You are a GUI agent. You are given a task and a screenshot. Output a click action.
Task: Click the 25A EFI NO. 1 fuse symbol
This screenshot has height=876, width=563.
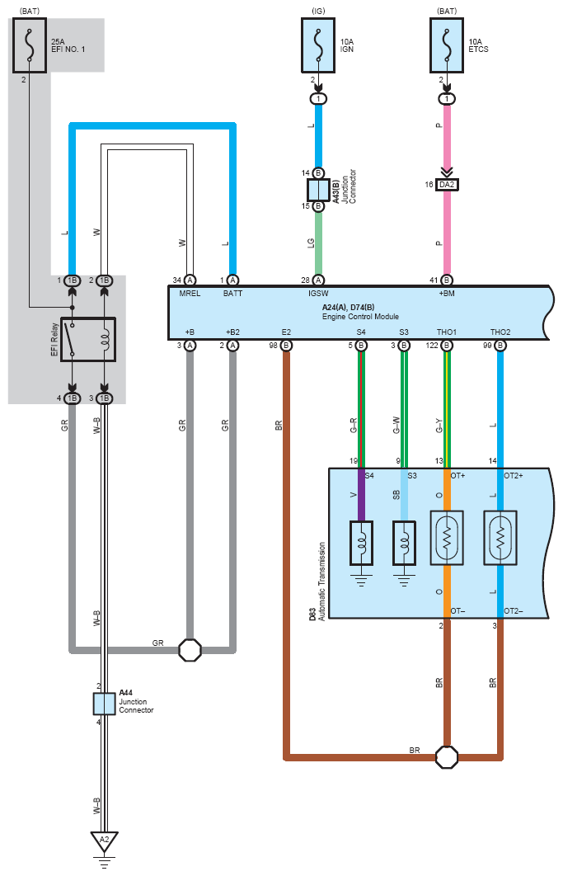click(x=30, y=45)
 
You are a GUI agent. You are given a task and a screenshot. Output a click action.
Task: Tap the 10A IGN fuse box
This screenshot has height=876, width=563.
click(x=318, y=45)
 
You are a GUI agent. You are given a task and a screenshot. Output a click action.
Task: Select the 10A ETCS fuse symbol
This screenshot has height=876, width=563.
click(x=447, y=45)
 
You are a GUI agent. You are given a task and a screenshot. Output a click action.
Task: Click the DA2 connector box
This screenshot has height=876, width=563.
click(x=447, y=185)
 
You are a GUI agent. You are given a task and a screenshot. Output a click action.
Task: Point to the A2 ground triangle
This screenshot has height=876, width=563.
click(x=105, y=841)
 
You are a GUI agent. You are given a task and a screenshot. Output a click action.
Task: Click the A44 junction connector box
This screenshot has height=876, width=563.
click(x=105, y=704)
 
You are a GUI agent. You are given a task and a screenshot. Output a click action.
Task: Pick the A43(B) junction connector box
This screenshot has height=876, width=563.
click(x=318, y=190)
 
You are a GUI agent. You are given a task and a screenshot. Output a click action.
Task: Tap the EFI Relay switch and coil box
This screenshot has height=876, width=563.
click(x=88, y=340)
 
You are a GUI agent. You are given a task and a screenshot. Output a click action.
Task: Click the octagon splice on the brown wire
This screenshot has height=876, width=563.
click(x=447, y=757)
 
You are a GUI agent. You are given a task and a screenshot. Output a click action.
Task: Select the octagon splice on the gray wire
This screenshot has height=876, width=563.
click(x=190, y=650)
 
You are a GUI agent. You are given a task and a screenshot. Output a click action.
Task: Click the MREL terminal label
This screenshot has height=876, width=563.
click(x=190, y=294)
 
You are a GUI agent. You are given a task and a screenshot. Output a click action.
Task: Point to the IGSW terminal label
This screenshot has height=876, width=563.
click(x=318, y=294)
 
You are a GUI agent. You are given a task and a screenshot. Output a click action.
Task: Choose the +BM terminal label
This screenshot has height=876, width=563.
click(x=447, y=294)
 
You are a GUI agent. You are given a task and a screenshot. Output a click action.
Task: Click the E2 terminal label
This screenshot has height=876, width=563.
click(x=286, y=332)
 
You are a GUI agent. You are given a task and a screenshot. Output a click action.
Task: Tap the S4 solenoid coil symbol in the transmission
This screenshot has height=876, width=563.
click(x=361, y=544)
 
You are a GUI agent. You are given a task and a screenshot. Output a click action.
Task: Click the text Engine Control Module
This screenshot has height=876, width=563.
click(x=360, y=316)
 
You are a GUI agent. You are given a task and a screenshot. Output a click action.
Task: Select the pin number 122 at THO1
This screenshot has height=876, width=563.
click(x=432, y=346)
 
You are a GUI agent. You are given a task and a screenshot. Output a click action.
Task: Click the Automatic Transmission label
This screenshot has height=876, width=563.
click(x=321, y=582)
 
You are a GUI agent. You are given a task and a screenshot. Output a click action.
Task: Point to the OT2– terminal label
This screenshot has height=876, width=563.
click(x=514, y=610)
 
